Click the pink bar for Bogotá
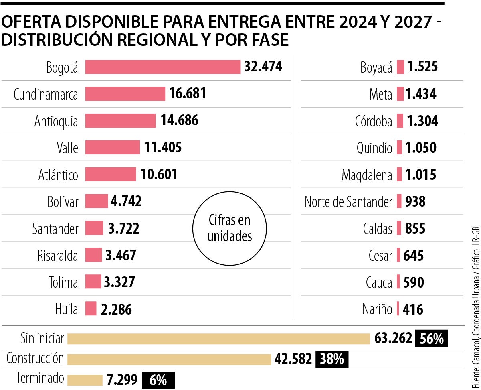[x=163, y=67]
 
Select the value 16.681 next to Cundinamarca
[x=188, y=94]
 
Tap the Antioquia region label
[x=56, y=121]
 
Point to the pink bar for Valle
[x=113, y=148]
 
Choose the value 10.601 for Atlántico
[x=159, y=175]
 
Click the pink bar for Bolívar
[x=97, y=201]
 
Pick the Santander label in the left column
[x=55, y=229]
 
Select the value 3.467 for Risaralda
[x=121, y=256]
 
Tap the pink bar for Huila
[x=91, y=309]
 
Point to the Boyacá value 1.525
[x=422, y=67]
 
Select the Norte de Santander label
[x=348, y=202]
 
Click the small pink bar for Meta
[x=400, y=94]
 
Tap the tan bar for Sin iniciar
[x=218, y=339]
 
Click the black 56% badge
[x=431, y=339]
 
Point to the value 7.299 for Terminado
[x=122, y=380]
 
